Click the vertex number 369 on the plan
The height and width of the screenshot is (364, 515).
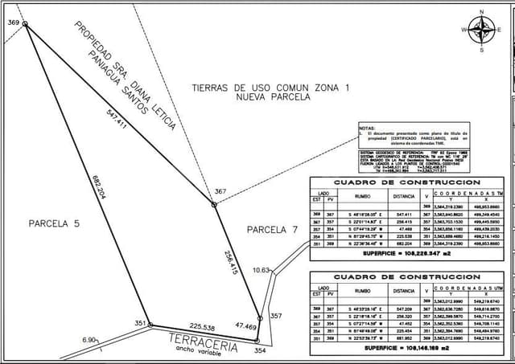click(13, 22)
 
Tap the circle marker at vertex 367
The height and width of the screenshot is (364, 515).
click(214, 204)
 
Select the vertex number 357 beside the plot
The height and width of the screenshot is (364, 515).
click(275, 316)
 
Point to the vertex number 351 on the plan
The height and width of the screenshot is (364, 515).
click(139, 323)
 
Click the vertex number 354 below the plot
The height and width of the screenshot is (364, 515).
click(260, 350)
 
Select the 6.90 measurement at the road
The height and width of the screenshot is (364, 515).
click(89, 340)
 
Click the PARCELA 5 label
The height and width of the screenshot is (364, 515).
click(51, 223)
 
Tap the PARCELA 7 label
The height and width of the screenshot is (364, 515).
click(272, 230)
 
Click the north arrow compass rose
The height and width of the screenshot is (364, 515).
click(482, 30)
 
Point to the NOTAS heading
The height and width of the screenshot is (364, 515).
click(367, 128)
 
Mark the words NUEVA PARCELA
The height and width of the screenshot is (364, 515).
click(273, 96)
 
